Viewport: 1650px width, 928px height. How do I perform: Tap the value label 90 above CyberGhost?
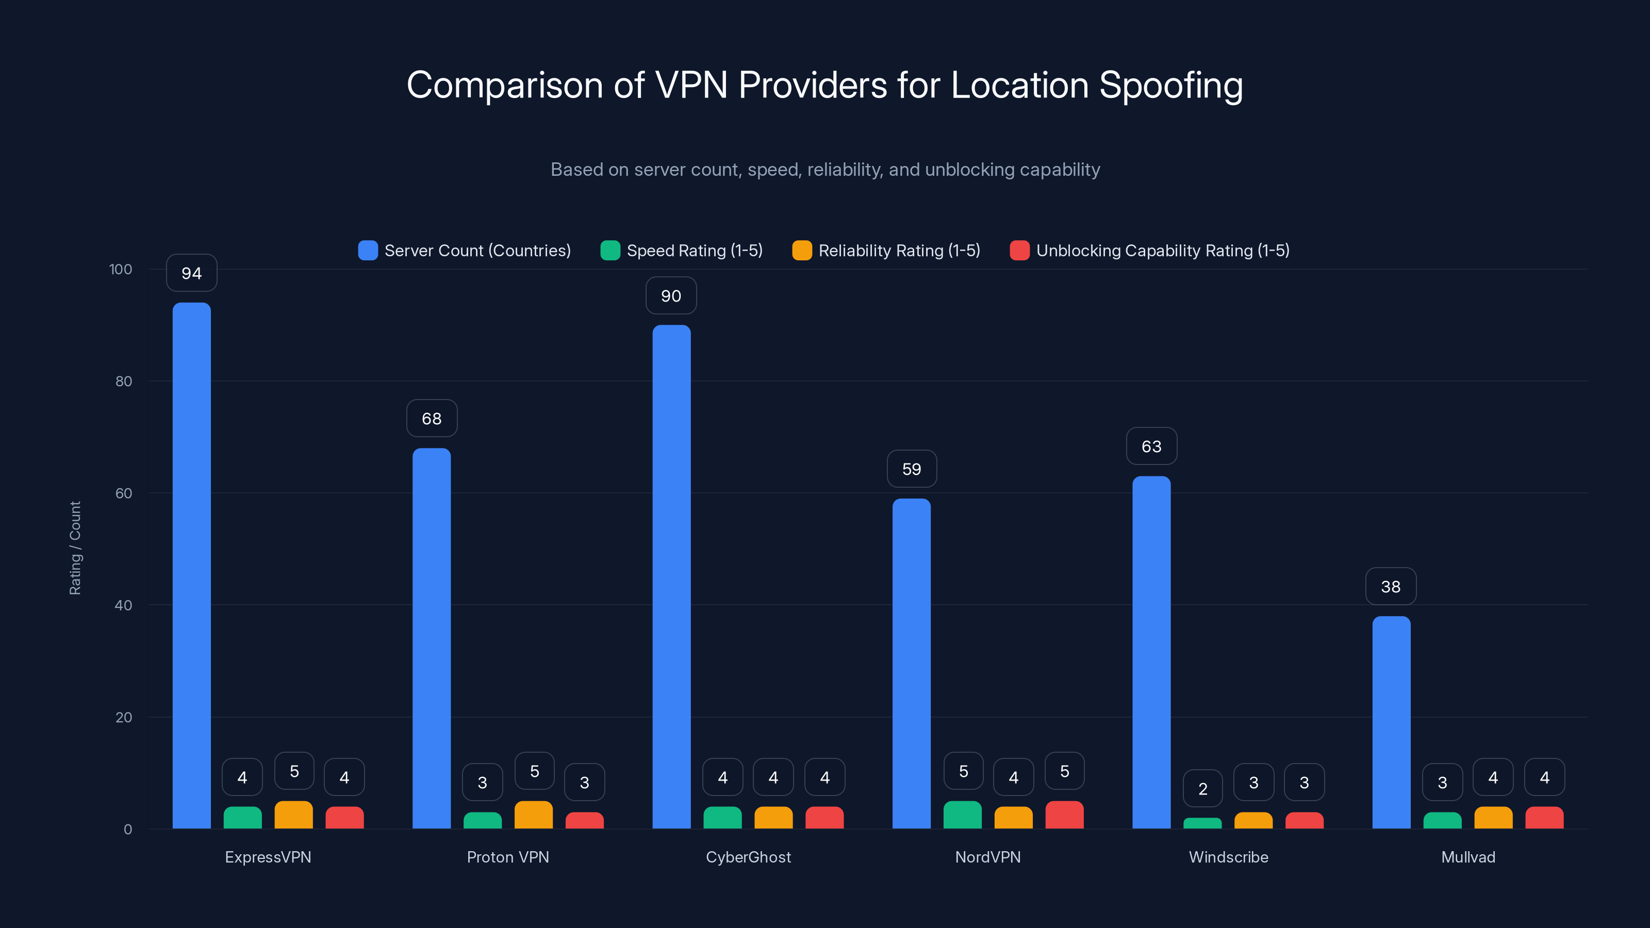(x=671, y=296)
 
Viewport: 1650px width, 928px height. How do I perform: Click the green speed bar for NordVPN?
(x=962, y=815)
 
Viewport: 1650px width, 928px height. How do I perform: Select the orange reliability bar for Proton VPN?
(x=534, y=815)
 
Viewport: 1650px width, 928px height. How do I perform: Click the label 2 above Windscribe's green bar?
(x=1202, y=789)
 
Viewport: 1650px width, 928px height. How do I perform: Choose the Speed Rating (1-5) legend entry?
(x=682, y=251)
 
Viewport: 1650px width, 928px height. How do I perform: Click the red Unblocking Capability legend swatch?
(x=1019, y=251)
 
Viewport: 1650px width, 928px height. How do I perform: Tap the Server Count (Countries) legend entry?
(x=465, y=251)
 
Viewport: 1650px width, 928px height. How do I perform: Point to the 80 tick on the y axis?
(x=124, y=382)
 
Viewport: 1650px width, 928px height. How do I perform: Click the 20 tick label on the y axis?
(x=124, y=717)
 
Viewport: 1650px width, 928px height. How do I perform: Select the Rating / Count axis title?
(x=75, y=548)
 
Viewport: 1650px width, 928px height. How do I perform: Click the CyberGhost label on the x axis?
(x=748, y=857)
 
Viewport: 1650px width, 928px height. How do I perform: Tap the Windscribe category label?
(x=1228, y=857)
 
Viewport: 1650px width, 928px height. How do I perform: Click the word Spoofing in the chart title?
(x=1171, y=85)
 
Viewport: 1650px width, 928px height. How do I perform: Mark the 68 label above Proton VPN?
(x=431, y=419)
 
